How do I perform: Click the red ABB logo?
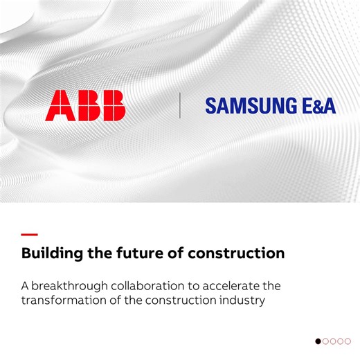pos(85,106)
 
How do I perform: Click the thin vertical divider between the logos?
pos(180,106)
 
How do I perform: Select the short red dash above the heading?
pos(30,235)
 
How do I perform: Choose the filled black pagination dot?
pos(318,341)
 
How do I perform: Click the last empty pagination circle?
pos(348,341)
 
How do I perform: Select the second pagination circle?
pos(325,341)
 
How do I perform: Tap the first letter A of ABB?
pos(57,106)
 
